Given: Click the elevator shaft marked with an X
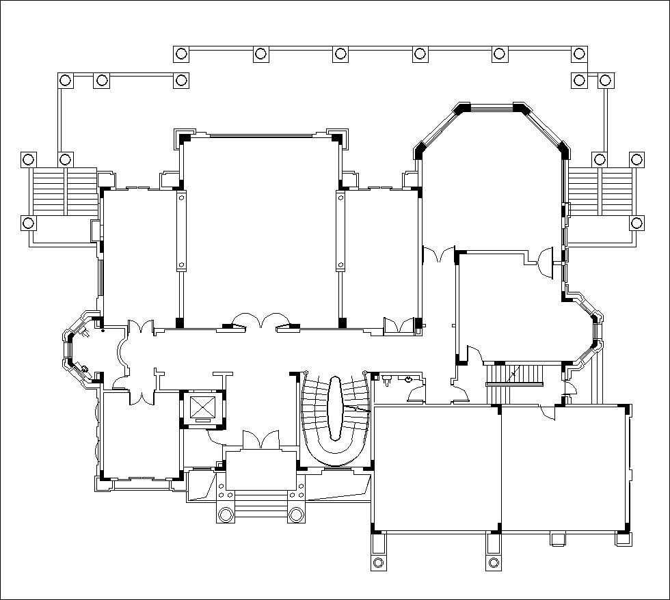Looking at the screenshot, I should point(202,409).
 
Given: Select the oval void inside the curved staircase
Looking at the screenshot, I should point(336,408).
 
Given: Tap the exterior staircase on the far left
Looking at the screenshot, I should point(64,191).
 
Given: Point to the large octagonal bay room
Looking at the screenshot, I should point(492,178).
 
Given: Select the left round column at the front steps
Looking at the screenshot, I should point(225,514).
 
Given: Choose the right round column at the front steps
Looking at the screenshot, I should point(296,514).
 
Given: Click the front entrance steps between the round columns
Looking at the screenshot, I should point(260,509).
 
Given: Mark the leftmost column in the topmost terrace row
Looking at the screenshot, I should point(180,54).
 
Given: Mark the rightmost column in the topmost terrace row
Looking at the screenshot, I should point(579,54).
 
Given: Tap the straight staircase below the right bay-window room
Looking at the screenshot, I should point(514,375).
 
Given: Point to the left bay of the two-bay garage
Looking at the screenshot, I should point(436,468).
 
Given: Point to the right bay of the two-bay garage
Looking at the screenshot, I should point(564,468).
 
